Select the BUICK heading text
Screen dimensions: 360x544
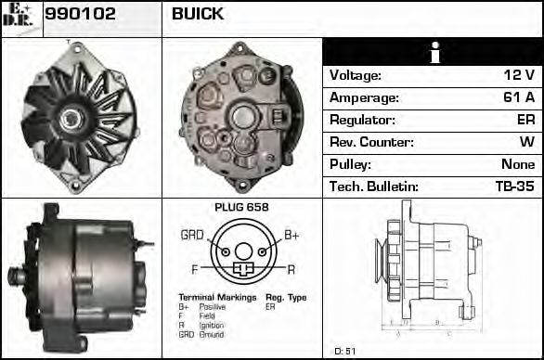click(198, 14)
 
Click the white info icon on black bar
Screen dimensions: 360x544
click(433, 53)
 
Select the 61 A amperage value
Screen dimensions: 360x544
click(519, 98)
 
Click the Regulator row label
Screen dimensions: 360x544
click(362, 121)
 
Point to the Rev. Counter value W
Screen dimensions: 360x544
click(527, 143)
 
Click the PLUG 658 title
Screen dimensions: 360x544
click(240, 208)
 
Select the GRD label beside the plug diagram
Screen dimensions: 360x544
click(192, 236)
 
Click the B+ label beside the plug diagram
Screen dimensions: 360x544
click(291, 236)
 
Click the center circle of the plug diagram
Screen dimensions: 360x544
click(242, 251)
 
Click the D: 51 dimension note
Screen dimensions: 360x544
click(344, 351)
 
